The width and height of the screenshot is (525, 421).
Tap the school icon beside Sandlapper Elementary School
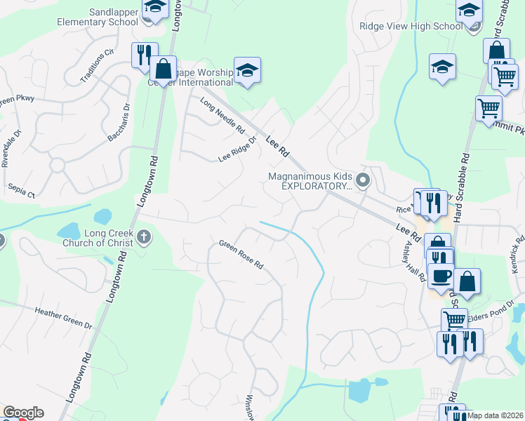point(155,8)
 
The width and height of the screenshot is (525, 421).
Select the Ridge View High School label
point(411,27)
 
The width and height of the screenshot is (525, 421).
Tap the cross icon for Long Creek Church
point(144,236)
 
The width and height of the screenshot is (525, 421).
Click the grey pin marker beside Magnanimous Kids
point(363,180)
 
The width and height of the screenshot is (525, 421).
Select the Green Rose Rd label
point(241,255)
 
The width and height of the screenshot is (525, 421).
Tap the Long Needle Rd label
point(222,116)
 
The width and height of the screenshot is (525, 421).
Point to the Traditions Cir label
point(97,65)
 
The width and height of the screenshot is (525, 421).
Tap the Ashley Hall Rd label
point(413,259)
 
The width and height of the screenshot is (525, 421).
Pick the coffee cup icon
point(441,276)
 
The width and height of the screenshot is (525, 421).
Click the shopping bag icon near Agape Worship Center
point(163,69)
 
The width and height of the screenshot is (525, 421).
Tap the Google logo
point(23,413)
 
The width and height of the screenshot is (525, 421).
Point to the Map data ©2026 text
point(496,415)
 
